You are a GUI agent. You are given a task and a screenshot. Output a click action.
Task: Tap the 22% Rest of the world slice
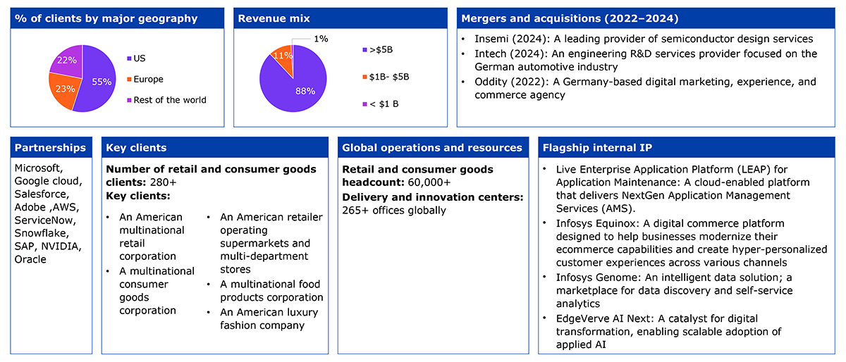pos(68,60)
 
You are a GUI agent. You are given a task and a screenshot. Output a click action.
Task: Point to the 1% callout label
pos(321,39)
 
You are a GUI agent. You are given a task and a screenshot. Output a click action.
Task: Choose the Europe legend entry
pos(145,80)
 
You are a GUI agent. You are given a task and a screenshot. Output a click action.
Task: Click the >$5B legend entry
pos(378,50)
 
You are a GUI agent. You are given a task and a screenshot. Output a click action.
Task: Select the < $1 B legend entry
pos(381,104)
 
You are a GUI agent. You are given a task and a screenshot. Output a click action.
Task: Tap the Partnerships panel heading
pos(50,148)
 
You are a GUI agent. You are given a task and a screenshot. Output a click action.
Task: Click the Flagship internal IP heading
pos(597,148)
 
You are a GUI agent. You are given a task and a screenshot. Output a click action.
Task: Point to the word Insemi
pos(491,39)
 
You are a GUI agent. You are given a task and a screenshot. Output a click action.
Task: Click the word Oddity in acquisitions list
pos(491,82)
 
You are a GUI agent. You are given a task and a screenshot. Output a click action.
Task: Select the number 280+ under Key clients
pos(163,182)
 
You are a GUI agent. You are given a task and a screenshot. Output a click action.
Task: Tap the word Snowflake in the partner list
pos(42,233)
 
